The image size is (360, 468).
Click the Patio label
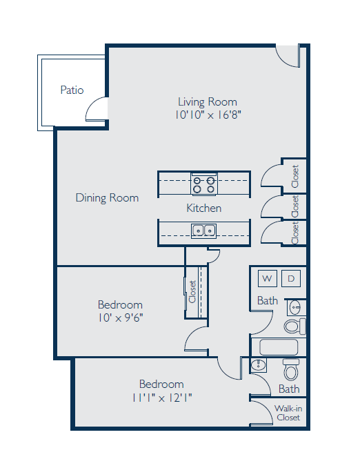(72, 90)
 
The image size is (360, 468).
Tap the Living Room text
(207, 101)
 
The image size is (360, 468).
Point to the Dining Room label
(107, 198)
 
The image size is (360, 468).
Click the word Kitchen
(204, 208)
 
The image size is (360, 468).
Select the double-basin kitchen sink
(203, 231)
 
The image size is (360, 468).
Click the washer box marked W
(267, 278)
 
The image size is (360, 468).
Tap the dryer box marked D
(290, 278)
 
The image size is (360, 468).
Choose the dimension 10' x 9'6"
(120, 318)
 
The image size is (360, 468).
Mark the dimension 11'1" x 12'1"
(161, 398)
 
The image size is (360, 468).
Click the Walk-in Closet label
(288, 413)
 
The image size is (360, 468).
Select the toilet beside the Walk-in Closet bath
(291, 372)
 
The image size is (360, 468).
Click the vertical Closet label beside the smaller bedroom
(192, 291)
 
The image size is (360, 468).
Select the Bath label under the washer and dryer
(268, 300)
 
